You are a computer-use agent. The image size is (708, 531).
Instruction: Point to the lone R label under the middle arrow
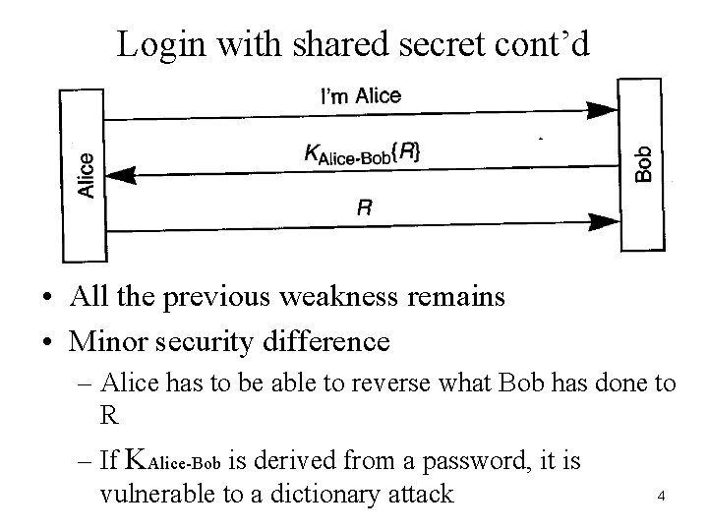(365, 208)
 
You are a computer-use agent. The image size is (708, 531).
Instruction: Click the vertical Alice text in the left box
(87, 176)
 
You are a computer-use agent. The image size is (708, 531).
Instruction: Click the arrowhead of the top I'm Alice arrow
(602, 107)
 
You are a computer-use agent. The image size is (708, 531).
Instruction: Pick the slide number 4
(661, 497)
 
